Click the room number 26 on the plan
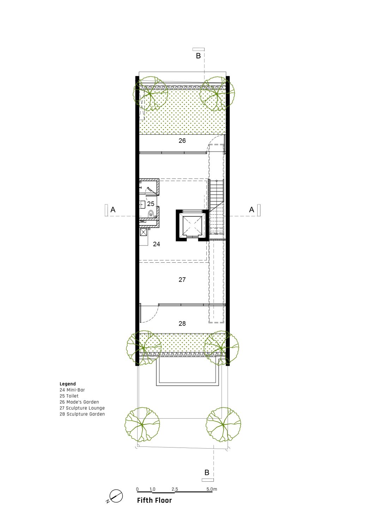click(182, 141)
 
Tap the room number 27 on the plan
click(182, 280)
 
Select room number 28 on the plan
click(182, 323)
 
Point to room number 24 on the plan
click(156, 244)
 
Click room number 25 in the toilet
click(151, 203)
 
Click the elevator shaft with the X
click(192, 225)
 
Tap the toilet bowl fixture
click(151, 214)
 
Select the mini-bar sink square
click(144, 232)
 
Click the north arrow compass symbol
click(116, 496)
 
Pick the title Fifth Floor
click(154, 500)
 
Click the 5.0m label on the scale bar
click(211, 489)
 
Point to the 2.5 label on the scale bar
click(175, 489)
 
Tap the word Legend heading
click(68, 384)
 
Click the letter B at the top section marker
click(198, 56)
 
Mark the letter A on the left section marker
click(113, 209)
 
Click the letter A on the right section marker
click(252, 209)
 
